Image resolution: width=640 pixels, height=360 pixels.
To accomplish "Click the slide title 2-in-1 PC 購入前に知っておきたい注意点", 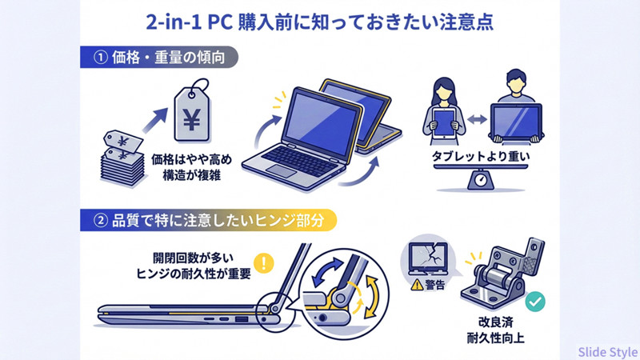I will [x=320, y=21].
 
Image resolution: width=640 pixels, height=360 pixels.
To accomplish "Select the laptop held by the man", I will [x=519, y=120].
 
